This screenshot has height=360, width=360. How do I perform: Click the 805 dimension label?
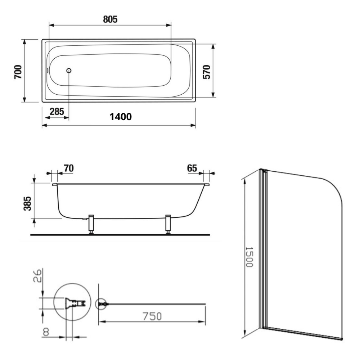[110, 19]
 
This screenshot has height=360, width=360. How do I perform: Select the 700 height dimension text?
[18, 72]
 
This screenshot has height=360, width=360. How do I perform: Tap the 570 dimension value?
[206, 72]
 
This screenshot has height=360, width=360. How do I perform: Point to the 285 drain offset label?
[57, 112]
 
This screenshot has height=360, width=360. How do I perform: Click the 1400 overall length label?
[121, 117]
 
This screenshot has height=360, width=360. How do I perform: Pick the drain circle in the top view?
[69, 71]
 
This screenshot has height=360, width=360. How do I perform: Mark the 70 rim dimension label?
[69, 168]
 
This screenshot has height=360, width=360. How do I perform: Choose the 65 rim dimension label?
[192, 168]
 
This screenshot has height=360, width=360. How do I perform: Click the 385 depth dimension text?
[28, 203]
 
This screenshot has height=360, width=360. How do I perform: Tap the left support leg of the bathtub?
[91, 224]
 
